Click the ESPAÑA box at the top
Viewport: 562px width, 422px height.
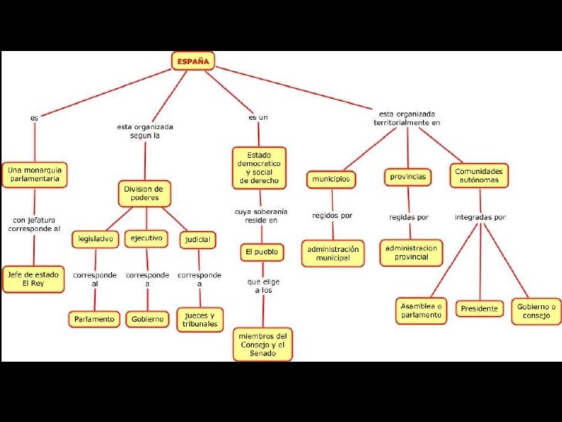pyautogui.click(x=192, y=60)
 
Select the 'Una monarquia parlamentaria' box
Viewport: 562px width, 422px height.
pyautogui.click(x=35, y=174)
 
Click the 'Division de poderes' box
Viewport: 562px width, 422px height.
pyautogui.click(x=144, y=193)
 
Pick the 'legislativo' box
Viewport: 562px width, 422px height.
pyautogui.click(x=95, y=240)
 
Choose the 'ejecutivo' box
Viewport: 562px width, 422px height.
pyautogui.click(x=146, y=238)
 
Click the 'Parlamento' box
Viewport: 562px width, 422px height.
pyautogui.click(x=94, y=318)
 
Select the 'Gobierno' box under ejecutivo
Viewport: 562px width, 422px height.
pyautogui.click(x=147, y=318)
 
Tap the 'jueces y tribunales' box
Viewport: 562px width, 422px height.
pyautogui.click(x=201, y=319)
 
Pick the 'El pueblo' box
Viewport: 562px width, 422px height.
pyautogui.click(x=262, y=252)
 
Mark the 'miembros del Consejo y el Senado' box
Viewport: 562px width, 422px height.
pyautogui.click(x=262, y=344)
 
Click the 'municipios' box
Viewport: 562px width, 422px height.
pyautogui.click(x=331, y=179)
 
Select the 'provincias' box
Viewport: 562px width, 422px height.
pyautogui.click(x=407, y=177)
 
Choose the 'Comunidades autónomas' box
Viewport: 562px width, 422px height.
pyautogui.click(x=479, y=175)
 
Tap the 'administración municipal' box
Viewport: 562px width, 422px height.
pyautogui.click(x=333, y=254)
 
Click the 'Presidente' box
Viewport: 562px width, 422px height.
pyautogui.click(x=479, y=308)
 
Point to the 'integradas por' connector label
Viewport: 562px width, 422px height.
pyautogui.click(x=480, y=216)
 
